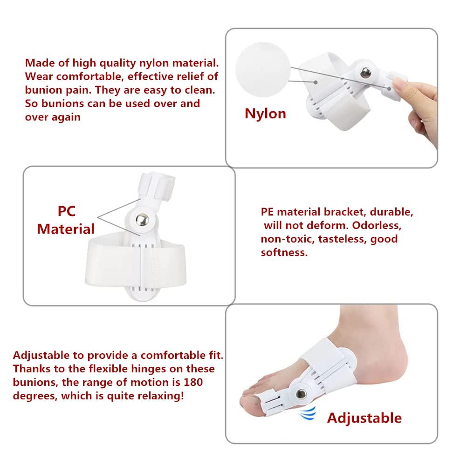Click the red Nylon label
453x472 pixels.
point(265,113)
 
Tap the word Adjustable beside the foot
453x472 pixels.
point(364,418)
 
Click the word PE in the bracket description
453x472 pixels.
point(268,212)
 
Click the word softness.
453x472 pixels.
point(284,253)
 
